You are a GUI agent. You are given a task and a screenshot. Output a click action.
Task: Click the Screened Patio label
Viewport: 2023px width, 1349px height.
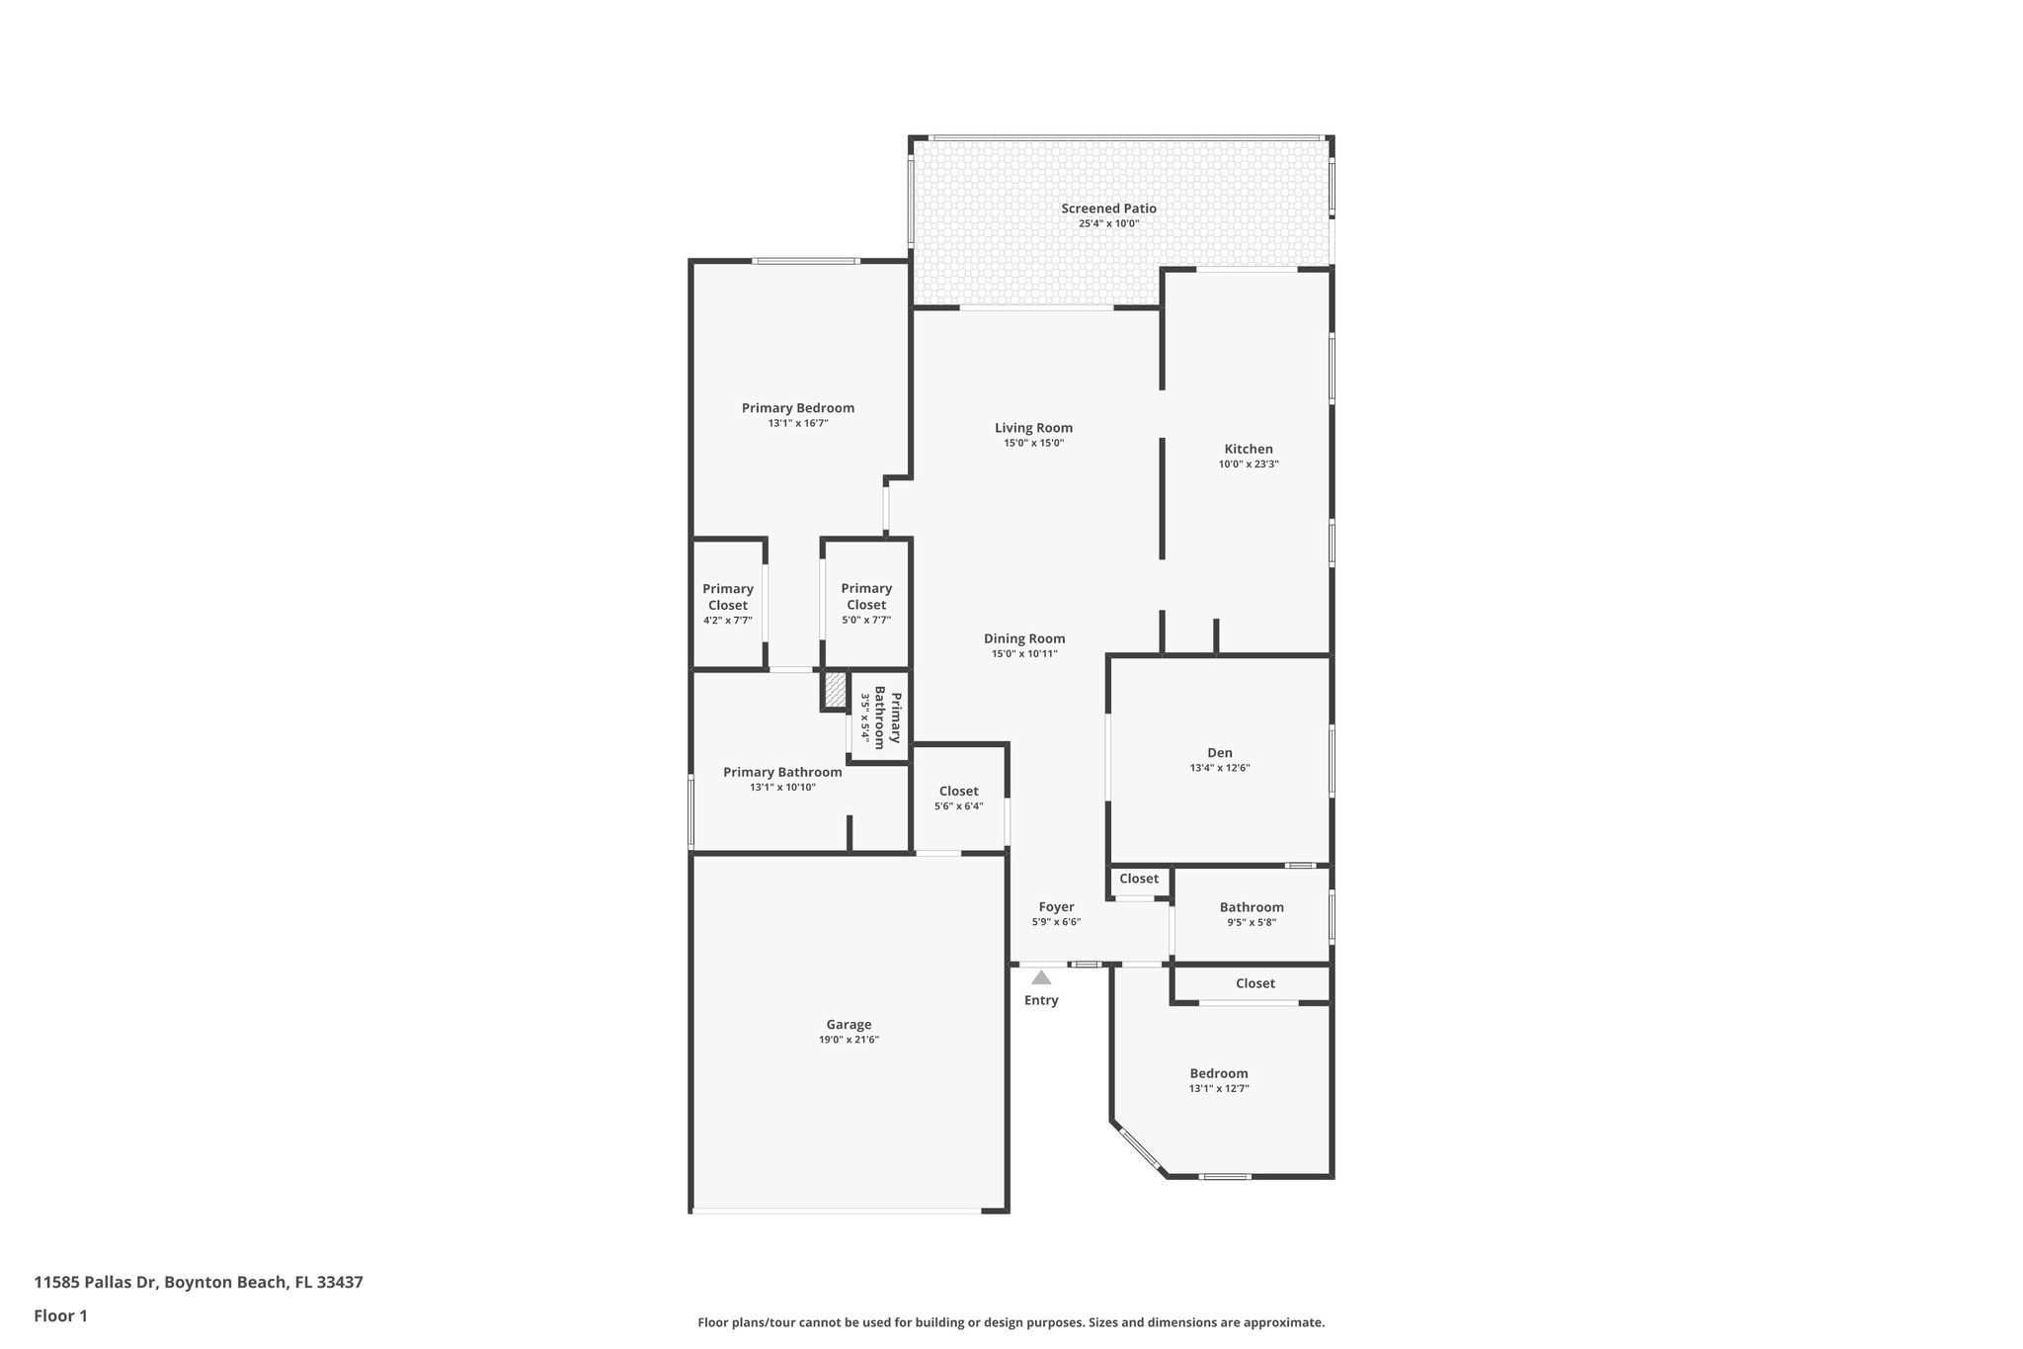pos(1108,209)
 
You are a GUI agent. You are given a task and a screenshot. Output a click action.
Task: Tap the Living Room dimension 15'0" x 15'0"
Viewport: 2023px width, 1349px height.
pos(1033,444)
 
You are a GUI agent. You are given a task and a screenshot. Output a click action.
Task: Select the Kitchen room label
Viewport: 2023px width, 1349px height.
pos(1248,449)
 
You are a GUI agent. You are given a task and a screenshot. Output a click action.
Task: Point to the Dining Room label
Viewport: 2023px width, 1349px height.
pos(1024,638)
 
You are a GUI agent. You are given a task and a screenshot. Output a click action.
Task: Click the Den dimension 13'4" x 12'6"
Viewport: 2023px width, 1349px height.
pos(1220,768)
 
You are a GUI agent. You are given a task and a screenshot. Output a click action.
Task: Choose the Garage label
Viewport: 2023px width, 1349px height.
pos(849,1025)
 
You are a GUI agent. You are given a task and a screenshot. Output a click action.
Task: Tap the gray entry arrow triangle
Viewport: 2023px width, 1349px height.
pos(1041,978)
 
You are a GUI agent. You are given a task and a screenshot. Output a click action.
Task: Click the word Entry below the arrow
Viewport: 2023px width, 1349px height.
pos(1041,1000)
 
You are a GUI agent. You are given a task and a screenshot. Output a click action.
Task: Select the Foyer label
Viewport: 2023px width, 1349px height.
pos(1056,907)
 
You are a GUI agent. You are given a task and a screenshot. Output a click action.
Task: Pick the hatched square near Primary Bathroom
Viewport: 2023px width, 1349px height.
pos(835,691)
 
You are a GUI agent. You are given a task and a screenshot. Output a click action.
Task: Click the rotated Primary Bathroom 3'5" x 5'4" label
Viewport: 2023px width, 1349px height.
pos(879,717)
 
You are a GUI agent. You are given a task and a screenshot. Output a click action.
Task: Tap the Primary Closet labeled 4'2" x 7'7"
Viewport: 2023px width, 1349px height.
pos(728,603)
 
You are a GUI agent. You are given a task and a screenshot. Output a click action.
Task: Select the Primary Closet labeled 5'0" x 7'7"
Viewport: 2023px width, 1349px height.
pos(866,603)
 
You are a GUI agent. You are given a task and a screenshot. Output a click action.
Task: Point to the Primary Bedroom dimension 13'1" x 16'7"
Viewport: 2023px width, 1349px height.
pos(797,423)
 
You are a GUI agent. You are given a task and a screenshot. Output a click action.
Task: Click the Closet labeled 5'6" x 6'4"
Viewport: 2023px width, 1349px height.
pos(958,798)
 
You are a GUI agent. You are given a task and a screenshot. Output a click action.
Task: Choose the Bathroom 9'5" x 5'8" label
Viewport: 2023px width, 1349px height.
pos(1252,914)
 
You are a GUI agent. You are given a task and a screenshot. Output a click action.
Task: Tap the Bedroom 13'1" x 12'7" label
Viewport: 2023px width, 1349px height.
pos(1218,1080)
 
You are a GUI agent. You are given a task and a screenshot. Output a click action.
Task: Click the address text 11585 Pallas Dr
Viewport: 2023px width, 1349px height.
pos(198,1283)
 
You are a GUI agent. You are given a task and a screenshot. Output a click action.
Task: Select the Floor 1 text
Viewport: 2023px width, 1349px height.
pos(60,1315)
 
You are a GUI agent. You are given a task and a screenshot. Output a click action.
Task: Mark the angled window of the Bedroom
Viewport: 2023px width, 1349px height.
pos(1139,1149)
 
